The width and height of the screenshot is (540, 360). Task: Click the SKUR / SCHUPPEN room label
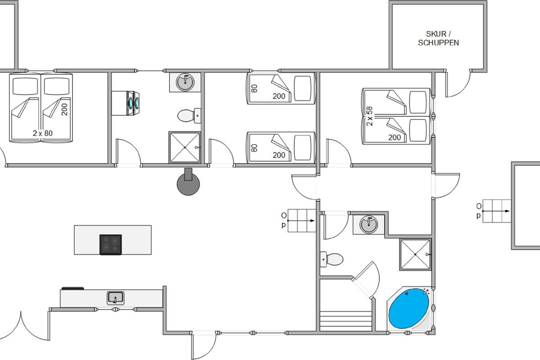[438, 38]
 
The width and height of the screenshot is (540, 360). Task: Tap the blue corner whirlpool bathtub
[409, 308]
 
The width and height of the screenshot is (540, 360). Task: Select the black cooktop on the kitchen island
[111, 244]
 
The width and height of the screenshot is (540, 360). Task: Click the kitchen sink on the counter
[116, 298]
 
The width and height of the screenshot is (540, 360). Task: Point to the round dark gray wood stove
[188, 183]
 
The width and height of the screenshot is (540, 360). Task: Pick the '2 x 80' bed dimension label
[43, 133]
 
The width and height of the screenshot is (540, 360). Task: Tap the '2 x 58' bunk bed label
[369, 116]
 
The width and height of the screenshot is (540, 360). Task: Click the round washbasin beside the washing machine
[185, 82]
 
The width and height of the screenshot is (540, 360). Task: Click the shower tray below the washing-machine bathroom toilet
[184, 147]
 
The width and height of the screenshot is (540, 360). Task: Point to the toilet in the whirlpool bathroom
[332, 259]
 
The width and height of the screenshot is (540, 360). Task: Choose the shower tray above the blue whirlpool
[415, 254]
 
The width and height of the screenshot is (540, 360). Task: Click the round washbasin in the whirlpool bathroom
[369, 225]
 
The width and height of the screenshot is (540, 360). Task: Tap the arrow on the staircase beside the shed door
[495, 211]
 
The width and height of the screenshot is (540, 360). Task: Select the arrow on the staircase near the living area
[301, 220]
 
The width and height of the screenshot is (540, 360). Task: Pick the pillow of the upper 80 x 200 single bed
[302, 89]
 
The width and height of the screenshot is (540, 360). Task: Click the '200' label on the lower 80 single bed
[279, 155]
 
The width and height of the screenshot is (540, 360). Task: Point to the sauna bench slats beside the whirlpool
[346, 321]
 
